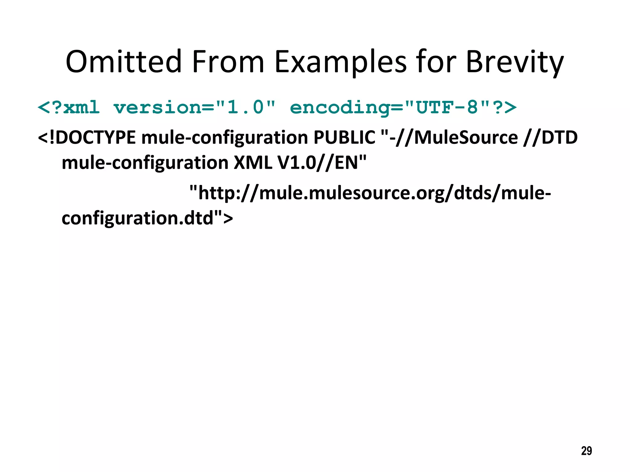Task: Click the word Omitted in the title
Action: [124, 62]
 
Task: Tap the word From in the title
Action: [228, 62]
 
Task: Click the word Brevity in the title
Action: [514, 62]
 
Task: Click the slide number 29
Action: [586, 451]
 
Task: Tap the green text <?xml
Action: [69, 108]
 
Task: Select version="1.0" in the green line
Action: [194, 108]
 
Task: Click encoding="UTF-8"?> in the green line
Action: [403, 108]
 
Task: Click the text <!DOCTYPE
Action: [86, 137]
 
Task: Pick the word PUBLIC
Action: [344, 137]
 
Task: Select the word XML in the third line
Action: [253, 163]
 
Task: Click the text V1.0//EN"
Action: [322, 163]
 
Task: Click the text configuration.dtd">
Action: [147, 218]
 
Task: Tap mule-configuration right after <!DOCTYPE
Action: [225, 137]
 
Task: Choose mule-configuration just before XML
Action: [145, 163]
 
